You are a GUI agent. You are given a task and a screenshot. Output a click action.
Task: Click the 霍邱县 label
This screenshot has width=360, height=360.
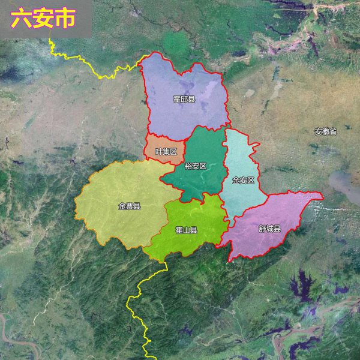(184, 99)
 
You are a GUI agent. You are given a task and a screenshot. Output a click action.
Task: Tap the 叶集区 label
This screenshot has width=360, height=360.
(166, 152)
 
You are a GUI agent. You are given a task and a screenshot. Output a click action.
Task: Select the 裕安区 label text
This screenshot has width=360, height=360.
(195, 166)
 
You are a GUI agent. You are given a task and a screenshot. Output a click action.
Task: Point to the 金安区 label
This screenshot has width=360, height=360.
(243, 180)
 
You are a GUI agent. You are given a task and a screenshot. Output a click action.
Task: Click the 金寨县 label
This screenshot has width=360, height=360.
(129, 206)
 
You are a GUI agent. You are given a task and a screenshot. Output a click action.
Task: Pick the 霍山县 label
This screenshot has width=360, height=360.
(187, 230)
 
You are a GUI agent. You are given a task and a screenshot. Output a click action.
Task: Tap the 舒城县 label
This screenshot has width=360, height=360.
(269, 229)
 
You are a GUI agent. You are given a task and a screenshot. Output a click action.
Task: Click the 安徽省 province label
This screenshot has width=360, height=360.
(325, 131)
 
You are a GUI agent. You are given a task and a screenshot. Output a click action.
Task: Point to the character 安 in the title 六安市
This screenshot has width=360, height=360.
(43, 19)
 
